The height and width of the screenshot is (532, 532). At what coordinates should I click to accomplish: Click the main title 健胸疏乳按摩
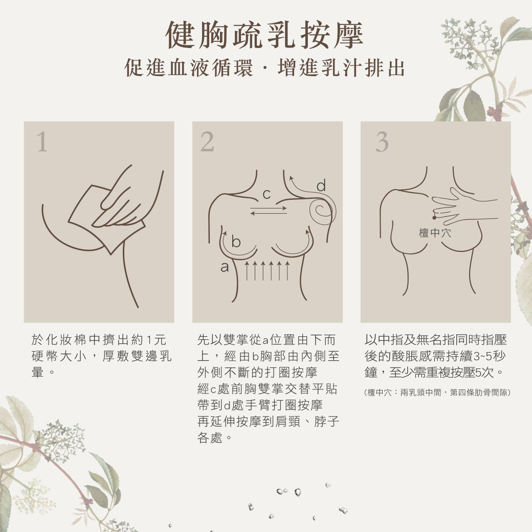point(265,36)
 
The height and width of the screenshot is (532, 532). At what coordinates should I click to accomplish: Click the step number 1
point(42,143)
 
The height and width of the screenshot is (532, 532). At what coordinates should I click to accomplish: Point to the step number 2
point(207,143)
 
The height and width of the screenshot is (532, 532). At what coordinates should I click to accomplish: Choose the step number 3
point(382,143)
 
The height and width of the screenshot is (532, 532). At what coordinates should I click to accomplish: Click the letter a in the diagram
point(224,266)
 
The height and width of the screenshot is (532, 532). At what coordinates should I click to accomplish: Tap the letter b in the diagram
point(236,242)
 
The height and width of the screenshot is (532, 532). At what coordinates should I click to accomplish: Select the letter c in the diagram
point(267,195)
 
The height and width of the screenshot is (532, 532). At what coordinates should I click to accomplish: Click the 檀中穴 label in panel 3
point(435,234)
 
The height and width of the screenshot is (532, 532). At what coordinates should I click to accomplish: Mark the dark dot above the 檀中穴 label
point(434,218)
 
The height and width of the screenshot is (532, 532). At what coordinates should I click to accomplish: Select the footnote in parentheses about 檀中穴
point(437,393)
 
